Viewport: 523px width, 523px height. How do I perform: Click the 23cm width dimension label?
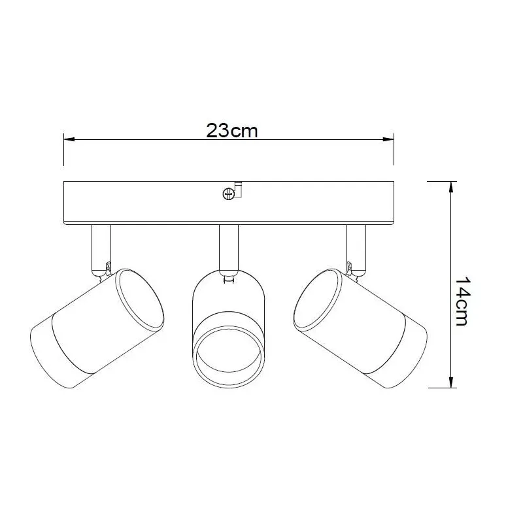[x=232, y=130]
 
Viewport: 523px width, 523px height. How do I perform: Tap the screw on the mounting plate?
[x=228, y=194]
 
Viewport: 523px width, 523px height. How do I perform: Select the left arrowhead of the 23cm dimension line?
[x=68, y=139]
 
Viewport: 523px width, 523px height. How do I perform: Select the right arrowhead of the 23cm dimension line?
[x=388, y=139]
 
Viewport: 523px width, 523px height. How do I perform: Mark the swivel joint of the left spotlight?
[x=105, y=269]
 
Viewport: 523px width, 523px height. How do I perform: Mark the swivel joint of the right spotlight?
[x=352, y=269]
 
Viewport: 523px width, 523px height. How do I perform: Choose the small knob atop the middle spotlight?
[x=228, y=279]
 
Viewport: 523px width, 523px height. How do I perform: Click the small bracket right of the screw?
[x=239, y=189]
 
